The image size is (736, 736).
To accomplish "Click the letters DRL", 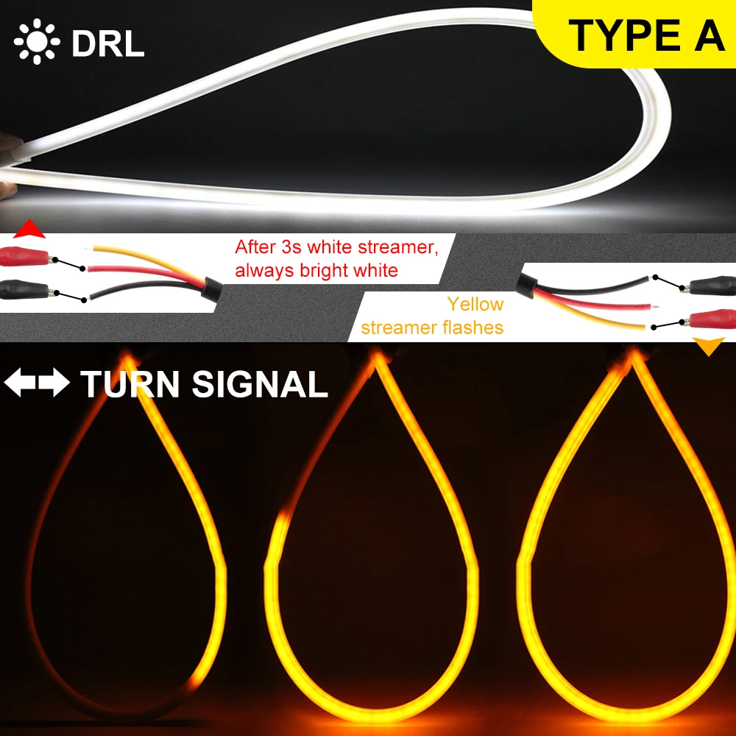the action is coord(108,43).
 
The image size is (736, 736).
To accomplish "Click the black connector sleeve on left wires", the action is coord(213,290).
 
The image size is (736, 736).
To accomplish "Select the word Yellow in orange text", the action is coord(475,304).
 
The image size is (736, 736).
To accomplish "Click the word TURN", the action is coord(131,385).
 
